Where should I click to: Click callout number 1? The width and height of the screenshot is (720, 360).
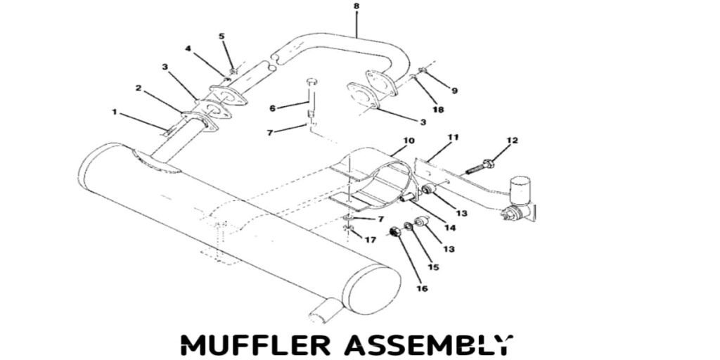[114, 111]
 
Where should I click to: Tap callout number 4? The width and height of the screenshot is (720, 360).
[188, 49]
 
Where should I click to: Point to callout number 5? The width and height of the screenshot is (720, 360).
[221, 36]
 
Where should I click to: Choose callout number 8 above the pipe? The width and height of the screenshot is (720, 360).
[356, 6]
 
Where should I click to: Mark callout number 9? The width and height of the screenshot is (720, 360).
[454, 90]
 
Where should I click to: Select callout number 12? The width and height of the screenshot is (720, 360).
[512, 141]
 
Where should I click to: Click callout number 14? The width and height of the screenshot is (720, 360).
[449, 227]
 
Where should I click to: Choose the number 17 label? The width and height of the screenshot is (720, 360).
[370, 240]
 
